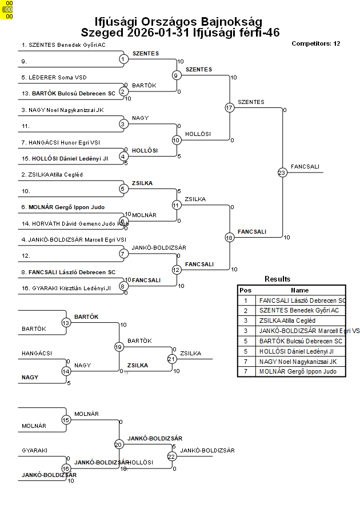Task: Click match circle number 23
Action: [282, 172]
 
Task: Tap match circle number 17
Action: [229, 107]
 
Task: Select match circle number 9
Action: [177, 75]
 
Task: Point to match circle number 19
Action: [119, 347]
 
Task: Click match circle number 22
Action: [171, 456]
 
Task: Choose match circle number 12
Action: [177, 270]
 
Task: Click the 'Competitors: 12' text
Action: [315, 43]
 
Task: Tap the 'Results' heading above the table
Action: [277, 279]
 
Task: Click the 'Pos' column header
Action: [246, 290]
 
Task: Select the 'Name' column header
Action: [299, 290]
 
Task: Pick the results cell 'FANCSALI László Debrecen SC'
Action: [302, 300]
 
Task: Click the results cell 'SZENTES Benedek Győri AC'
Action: [299, 310]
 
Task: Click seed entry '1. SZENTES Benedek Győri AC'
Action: [63, 45]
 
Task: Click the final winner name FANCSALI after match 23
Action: [305, 167]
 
